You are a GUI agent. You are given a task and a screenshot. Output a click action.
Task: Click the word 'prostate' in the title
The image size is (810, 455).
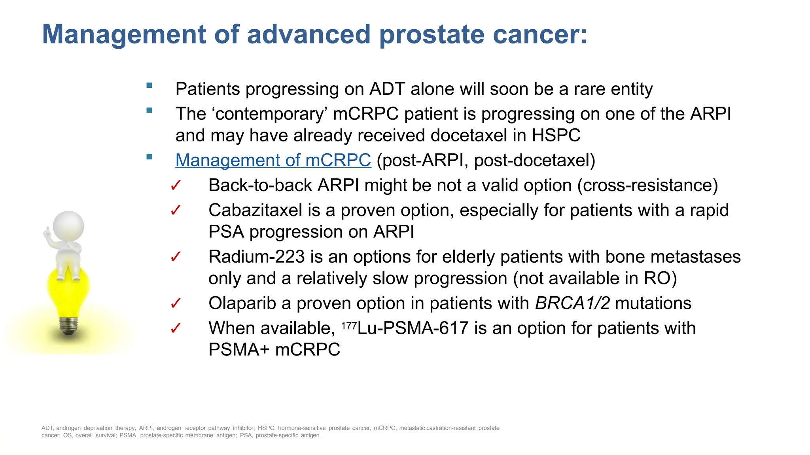[431, 35]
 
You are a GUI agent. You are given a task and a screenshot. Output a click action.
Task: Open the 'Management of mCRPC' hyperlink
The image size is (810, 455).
[273, 160]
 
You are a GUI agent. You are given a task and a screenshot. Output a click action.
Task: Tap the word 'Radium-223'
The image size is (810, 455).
[256, 257]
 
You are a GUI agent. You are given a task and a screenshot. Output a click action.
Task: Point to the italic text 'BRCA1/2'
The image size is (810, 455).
[572, 303]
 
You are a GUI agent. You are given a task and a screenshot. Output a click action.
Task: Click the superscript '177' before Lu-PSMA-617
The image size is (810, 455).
[349, 326]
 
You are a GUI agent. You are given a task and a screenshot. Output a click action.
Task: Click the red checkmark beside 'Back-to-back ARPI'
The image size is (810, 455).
[176, 186]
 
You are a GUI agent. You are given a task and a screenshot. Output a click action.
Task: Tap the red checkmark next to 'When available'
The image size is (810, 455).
[176, 328]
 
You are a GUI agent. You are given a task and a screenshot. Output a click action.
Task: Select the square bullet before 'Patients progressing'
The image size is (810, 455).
[149, 85]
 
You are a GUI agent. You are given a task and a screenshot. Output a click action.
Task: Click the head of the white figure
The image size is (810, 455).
[68, 226]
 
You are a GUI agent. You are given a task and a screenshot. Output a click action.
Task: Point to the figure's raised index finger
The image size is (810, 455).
[47, 231]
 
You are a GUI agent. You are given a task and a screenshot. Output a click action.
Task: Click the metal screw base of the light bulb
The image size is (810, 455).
[68, 325]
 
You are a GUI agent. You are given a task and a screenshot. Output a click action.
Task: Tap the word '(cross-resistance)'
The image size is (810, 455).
[647, 186]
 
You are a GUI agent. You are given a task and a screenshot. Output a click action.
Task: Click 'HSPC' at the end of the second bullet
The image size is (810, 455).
[556, 135]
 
